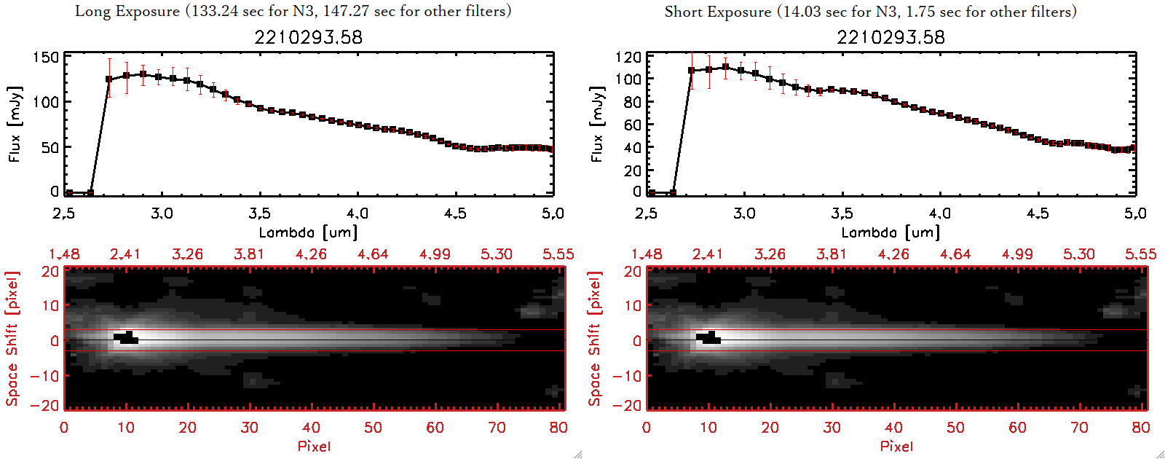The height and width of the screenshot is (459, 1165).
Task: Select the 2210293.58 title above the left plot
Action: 308,37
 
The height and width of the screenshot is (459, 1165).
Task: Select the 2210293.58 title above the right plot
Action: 890,37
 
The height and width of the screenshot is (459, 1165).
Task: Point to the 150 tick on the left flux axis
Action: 46,58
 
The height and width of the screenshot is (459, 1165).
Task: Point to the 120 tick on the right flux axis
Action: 628,58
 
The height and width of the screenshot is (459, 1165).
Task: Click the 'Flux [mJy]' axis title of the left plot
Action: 15,124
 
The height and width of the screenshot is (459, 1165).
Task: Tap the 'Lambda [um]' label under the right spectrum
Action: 890,232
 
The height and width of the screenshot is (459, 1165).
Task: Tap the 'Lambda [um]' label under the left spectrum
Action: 308,232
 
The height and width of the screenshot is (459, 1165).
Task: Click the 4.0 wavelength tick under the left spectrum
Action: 358,213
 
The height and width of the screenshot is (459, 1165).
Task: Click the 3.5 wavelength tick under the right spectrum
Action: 842,213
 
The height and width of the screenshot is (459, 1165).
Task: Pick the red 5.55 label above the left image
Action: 558,254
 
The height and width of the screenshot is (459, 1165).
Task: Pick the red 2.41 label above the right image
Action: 707,254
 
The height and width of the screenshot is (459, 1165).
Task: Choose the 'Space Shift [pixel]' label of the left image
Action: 12,339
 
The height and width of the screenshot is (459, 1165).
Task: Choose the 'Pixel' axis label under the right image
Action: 896,446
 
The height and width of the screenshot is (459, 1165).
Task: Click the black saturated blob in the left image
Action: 126,338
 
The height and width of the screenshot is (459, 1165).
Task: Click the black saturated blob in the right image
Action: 708,338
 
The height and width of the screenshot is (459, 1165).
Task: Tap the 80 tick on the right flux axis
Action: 631,102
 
